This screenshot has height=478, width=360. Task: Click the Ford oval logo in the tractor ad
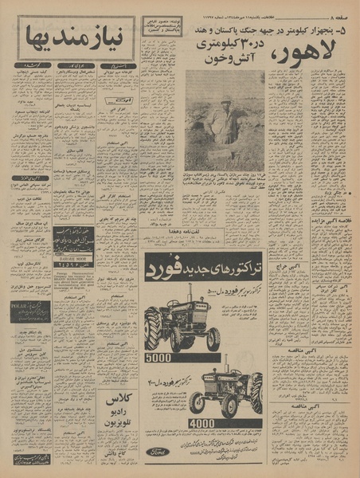pyautogui.click(x=157, y=450)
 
